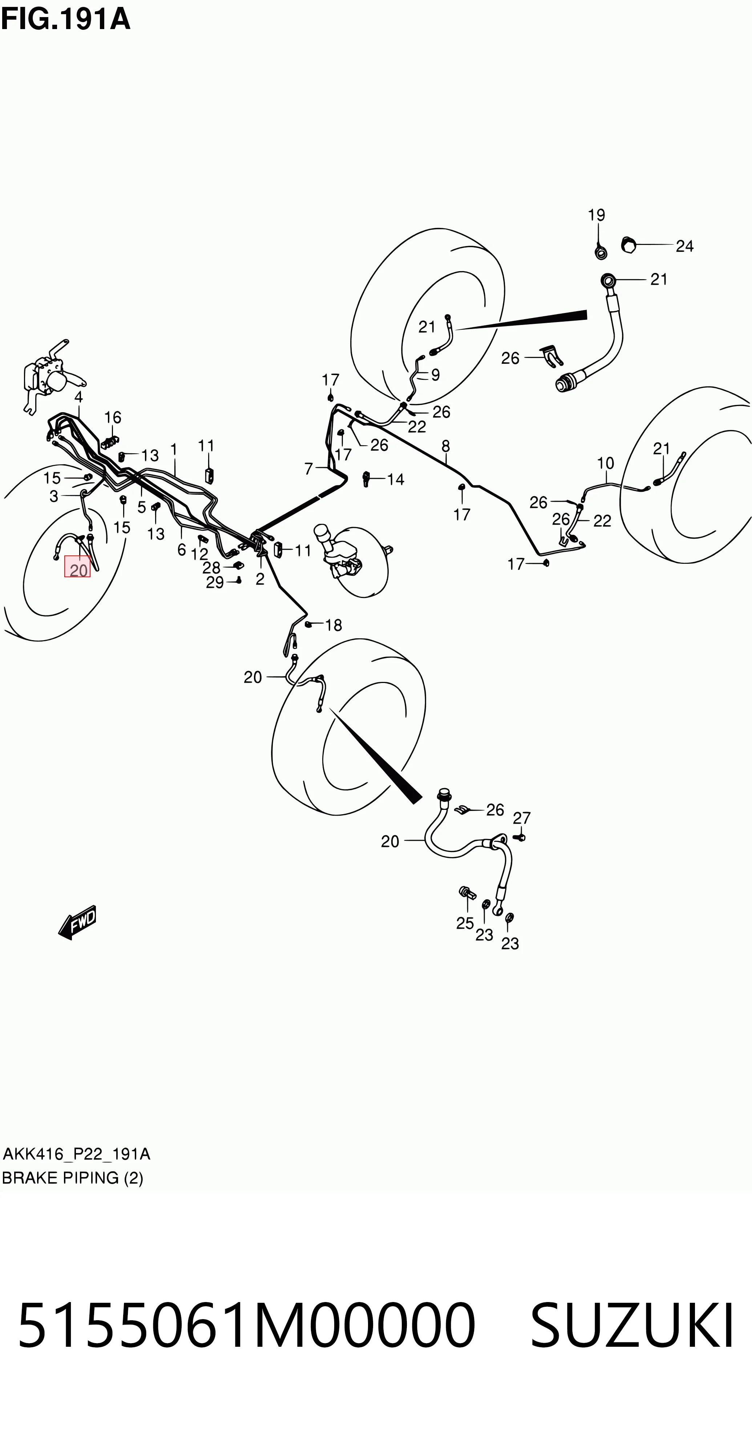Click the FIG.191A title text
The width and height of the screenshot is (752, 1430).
(x=65, y=19)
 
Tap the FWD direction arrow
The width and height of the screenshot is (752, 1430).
(x=77, y=923)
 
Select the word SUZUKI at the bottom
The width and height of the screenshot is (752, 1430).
(x=632, y=1326)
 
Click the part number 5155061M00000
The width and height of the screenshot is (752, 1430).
(x=247, y=1326)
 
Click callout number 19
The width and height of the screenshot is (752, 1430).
(x=597, y=215)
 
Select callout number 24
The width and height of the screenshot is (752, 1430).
(x=685, y=246)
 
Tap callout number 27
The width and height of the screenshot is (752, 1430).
(x=522, y=818)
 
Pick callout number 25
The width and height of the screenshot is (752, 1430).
(x=465, y=923)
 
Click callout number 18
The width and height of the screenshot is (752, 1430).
(x=333, y=625)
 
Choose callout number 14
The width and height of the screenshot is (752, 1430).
(x=396, y=479)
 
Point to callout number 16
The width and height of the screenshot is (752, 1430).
(x=113, y=417)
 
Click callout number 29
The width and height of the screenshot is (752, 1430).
(x=215, y=582)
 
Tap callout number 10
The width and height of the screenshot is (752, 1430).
(x=606, y=463)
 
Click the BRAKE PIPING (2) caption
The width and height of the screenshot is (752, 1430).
(x=72, y=1177)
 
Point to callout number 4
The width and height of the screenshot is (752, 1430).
(x=78, y=397)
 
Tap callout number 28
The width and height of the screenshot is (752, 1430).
(x=211, y=567)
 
